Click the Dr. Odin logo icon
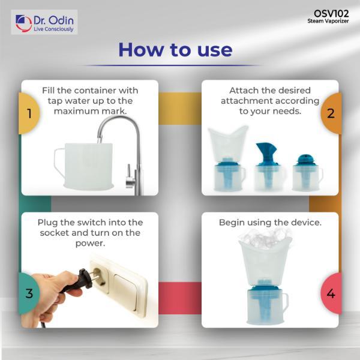click(23, 23)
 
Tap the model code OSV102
click(331, 14)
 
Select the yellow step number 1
click(29, 113)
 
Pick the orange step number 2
click(331, 113)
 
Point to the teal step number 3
click(29, 293)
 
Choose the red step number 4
click(331, 293)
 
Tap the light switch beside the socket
click(125, 293)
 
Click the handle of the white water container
click(58, 163)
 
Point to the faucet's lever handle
click(130, 175)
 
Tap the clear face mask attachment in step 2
click(228, 143)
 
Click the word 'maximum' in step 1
click(76, 111)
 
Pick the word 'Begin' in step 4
click(231, 223)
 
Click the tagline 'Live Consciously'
click(53, 29)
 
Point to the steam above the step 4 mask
click(265, 239)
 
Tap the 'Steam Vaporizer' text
click(328, 21)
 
